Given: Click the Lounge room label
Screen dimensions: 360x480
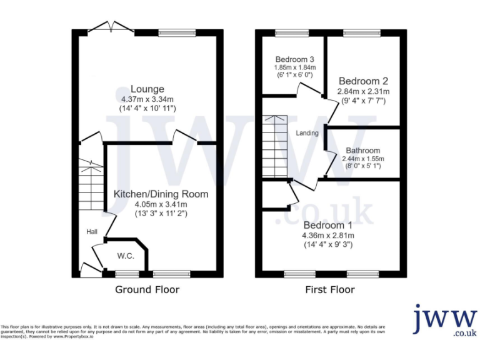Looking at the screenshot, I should (x=147, y=89).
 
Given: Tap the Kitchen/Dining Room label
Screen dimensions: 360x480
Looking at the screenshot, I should (x=161, y=194).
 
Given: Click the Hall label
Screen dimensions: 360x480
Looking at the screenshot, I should (x=92, y=232).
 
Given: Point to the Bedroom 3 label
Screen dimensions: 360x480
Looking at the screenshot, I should (x=293, y=60).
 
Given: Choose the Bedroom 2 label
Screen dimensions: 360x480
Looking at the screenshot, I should (x=363, y=81).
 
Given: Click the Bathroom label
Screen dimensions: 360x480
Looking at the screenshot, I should (x=362, y=151).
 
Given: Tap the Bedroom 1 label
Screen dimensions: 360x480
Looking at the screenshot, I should (x=329, y=225).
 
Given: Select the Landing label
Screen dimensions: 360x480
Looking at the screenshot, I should (x=307, y=133).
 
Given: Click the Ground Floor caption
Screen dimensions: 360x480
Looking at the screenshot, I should (x=147, y=289).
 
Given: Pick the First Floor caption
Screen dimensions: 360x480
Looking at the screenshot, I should (x=329, y=289).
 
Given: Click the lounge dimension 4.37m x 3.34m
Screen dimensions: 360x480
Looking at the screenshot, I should (x=147, y=99).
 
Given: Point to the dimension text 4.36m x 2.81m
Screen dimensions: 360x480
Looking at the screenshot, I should (x=329, y=236).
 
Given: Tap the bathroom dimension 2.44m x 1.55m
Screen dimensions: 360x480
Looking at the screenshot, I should (x=362, y=159).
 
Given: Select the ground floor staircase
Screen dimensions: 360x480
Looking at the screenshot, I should (x=92, y=187).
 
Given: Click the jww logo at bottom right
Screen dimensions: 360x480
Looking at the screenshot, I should (x=444, y=321).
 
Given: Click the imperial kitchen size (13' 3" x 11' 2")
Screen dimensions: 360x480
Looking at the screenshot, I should (x=161, y=213).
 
